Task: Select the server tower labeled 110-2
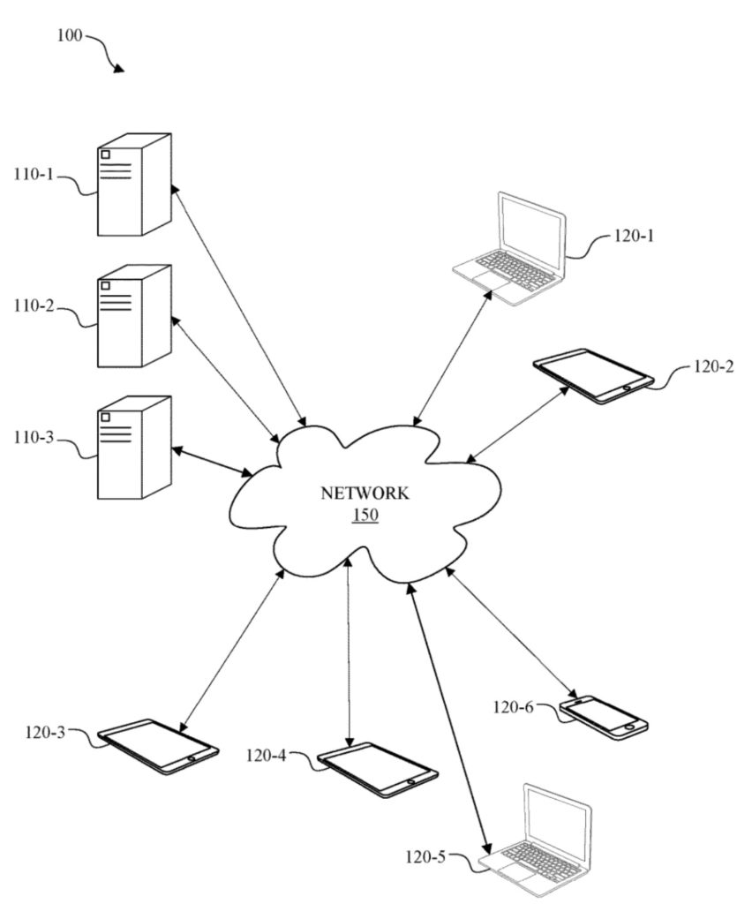point(133,316)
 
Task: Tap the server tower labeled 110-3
point(133,448)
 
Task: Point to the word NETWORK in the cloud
point(365,493)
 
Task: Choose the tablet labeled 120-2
point(594,376)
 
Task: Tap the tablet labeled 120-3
point(158,746)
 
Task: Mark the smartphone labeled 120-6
point(604,716)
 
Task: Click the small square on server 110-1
point(106,155)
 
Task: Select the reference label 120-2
point(714,366)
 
